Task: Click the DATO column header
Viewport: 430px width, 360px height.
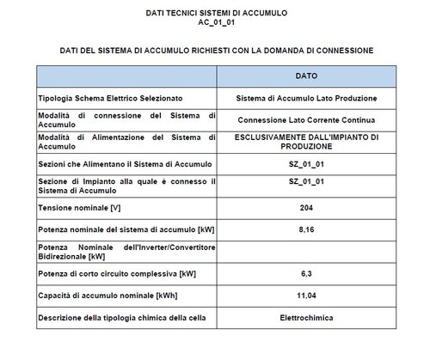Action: coord(306,76)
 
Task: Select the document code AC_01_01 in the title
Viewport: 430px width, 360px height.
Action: coord(214,25)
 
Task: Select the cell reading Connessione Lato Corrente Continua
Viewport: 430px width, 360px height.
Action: coord(306,119)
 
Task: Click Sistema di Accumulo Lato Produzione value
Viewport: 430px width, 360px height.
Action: coord(306,97)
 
